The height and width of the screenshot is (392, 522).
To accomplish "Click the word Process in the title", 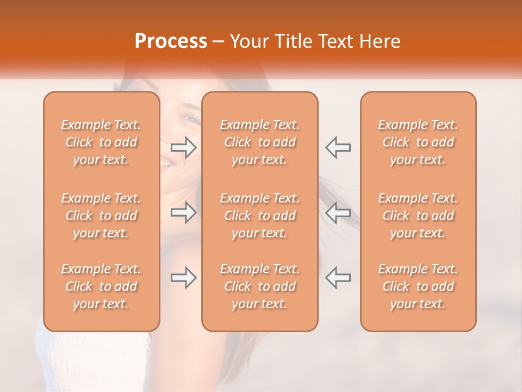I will [171, 42].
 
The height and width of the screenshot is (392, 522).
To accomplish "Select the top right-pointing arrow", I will [183, 148].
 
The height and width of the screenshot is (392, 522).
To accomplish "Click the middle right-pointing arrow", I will [183, 212].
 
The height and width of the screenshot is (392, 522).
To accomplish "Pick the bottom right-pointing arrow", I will [183, 278].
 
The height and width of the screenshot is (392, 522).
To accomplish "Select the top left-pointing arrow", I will [338, 148].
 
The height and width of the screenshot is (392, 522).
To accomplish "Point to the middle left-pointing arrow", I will [338, 212].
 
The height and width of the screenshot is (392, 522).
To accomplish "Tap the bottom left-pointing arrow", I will [338, 278].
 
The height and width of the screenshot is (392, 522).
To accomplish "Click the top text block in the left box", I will [101, 142].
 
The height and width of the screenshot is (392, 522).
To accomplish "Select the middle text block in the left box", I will [101, 216].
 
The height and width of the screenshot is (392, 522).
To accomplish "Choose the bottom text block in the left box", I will [101, 286].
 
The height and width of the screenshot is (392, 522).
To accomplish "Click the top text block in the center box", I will [259, 142].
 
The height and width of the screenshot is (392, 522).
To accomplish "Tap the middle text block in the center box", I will [259, 216].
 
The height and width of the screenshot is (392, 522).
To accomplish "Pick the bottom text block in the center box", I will [259, 286].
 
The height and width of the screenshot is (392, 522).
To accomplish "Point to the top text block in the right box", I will [418, 142].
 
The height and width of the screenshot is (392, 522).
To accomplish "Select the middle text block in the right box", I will [418, 216].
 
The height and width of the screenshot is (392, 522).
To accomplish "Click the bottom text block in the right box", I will [418, 286].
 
